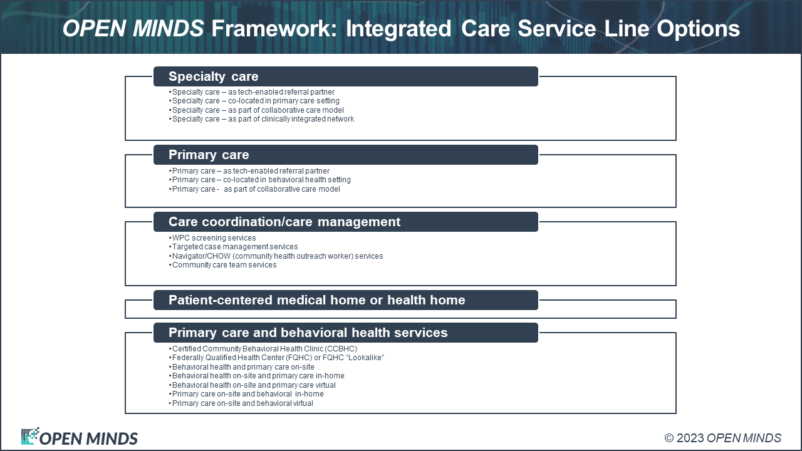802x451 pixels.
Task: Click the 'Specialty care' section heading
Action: click(x=214, y=76)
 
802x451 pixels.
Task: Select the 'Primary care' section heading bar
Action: click(x=345, y=155)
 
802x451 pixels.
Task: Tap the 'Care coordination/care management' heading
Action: click(x=284, y=222)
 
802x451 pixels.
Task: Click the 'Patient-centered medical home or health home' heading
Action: click(x=317, y=300)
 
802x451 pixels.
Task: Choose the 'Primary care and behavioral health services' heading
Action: click(x=308, y=333)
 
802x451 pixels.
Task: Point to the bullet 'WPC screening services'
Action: click(x=212, y=237)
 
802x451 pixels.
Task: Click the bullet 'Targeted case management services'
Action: click(x=233, y=247)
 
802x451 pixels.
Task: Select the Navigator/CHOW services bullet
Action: click(x=276, y=256)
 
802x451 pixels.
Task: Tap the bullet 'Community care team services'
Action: click(x=222, y=265)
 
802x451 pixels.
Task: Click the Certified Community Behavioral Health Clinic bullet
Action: click(x=263, y=349)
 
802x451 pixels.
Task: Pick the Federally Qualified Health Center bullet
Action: click(x=276, y=358)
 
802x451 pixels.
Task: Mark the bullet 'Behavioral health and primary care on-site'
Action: click(x=241, y=367)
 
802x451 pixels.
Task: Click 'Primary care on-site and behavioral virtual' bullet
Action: click(x=241, y=403)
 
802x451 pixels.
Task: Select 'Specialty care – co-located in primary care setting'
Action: click(x=254, y=101)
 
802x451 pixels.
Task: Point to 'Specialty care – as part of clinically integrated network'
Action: click(x=261, y=119)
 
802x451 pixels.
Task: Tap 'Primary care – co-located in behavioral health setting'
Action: click(x=259, y=180)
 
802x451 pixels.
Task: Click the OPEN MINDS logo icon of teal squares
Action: click(x=29, y=436)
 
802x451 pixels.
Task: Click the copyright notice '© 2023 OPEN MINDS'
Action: click(x=723, y=438)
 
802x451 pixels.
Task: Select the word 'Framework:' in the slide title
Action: click(x=274, y=29)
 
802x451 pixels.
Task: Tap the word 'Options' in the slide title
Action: click(x=698, y=29)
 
